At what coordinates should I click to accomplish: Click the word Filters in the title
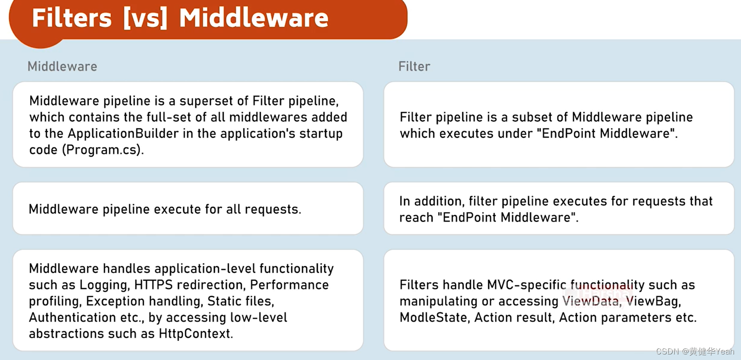(x=72, y=19)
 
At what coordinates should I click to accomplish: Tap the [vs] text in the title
(x=145, y=19)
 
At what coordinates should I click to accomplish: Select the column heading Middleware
(x=62, y=66)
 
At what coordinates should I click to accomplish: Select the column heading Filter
(x=414, y=66)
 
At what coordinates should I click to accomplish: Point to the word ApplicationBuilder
(x=123, y=134)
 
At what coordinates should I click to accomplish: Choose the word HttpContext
(x=195, y=334)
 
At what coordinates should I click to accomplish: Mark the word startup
(x=321, y=134)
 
